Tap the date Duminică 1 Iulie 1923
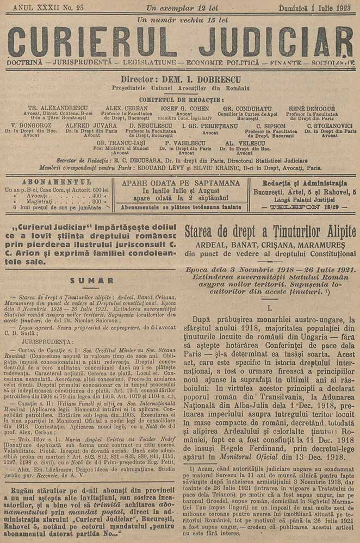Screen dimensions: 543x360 pyautogui.click(x=314, y=8)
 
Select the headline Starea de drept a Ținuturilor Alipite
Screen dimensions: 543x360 pyautogui.click(x=270, y=230)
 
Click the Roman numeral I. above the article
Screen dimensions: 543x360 pyautogui.click(x=270, y=308)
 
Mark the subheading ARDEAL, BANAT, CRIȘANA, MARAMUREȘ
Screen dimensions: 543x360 pyautogui.click(x=270, y=245)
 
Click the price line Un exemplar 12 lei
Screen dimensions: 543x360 pyautogui.click(x=181, y=8)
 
